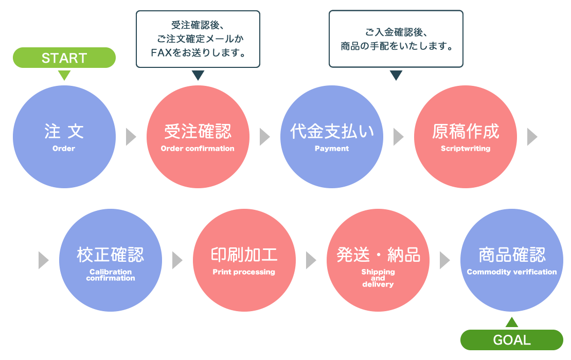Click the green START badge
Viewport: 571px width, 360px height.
64,58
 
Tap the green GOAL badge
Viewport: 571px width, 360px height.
511,340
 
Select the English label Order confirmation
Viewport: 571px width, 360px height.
198,149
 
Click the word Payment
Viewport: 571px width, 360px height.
332,149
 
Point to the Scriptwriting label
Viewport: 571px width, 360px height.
466,149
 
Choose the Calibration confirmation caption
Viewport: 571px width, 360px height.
111,275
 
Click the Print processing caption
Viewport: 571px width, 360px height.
244,272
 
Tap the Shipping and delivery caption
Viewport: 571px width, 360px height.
378,278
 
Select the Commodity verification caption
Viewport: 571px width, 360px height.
512,272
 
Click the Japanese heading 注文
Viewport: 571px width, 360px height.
64,132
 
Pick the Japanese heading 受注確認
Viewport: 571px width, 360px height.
198,132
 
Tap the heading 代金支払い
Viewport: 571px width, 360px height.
332,132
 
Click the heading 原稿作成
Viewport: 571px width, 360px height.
466,132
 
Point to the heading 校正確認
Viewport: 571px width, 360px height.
111,255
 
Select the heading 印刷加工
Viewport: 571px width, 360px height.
244,255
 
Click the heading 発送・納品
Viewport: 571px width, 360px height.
378,255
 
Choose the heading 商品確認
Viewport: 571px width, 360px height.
512,255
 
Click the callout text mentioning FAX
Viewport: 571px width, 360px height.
198,39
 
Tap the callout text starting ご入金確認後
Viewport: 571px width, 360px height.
396,39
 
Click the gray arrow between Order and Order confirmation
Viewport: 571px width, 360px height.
131,137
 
